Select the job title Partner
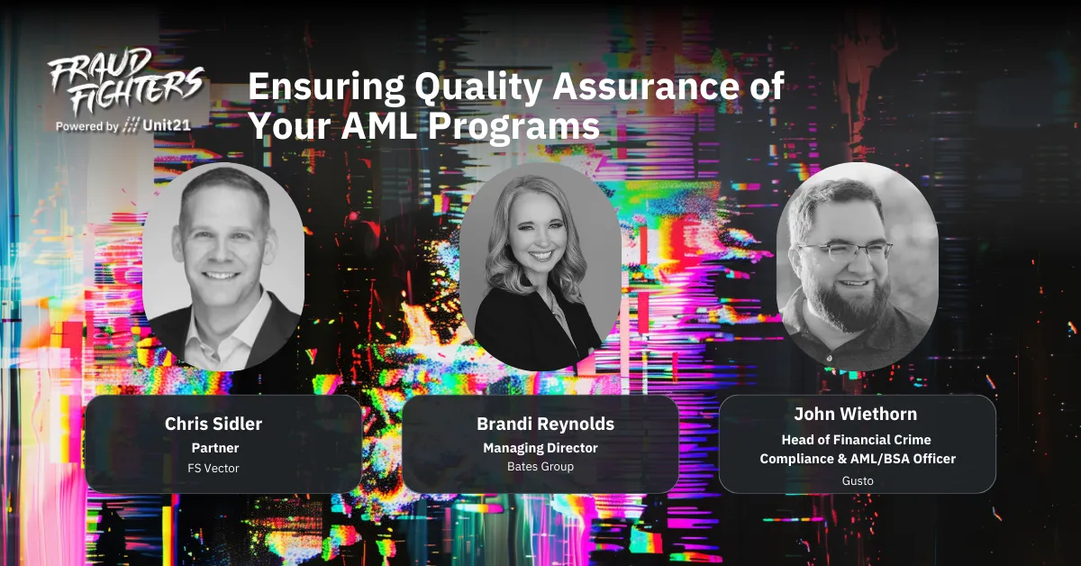click(214, 447)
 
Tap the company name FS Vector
click(214, 468)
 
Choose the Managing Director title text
click(540, 447)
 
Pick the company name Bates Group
click(540, 467)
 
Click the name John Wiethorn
click(857, 415)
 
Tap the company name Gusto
click(857, 480)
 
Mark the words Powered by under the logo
click(86, 127)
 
